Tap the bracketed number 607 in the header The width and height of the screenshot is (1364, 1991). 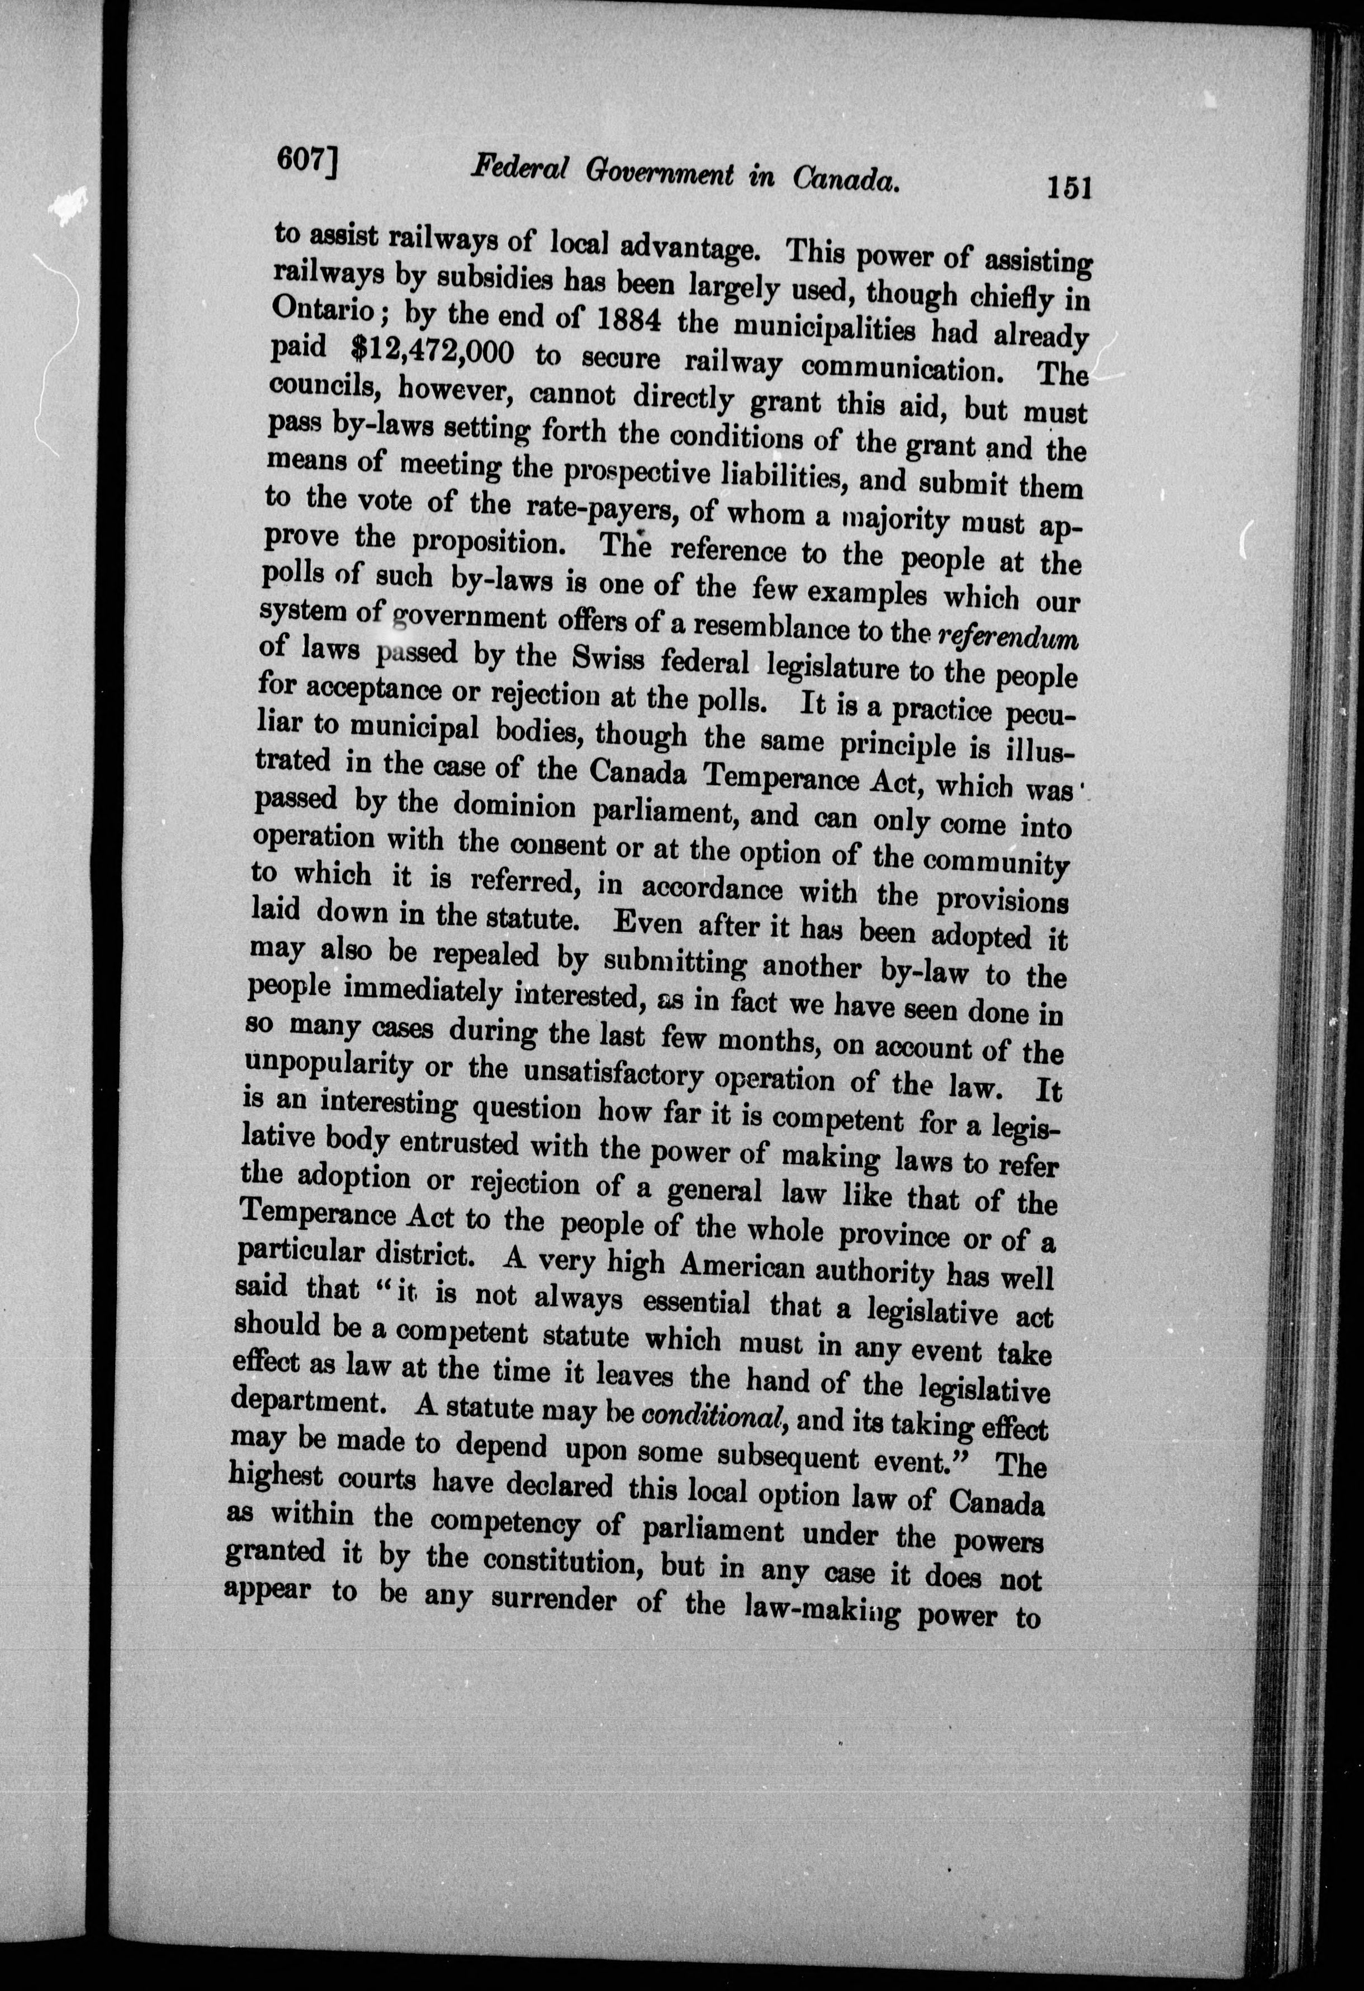click(306, 160)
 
